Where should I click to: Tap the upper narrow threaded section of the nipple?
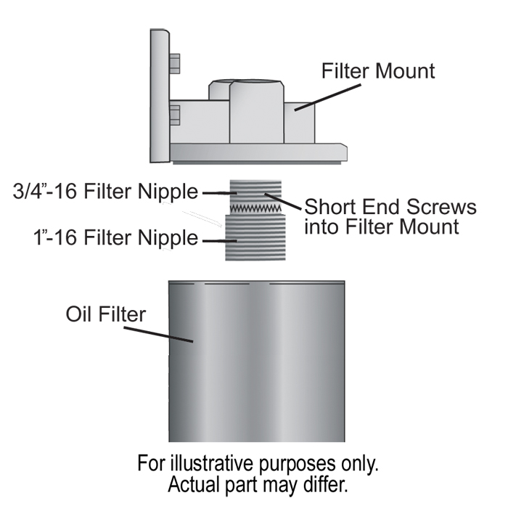pyautogui.click(x=255, y=190)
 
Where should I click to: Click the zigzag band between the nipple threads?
pyautogui.click(x=255, y=209)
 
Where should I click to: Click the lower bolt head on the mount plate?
pyautogui.click(x=175, y=115)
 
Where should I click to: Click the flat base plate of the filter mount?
pyautogui.click(x=258, y=152)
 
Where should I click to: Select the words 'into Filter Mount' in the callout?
pyautogui.click(x=382, y=226)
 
